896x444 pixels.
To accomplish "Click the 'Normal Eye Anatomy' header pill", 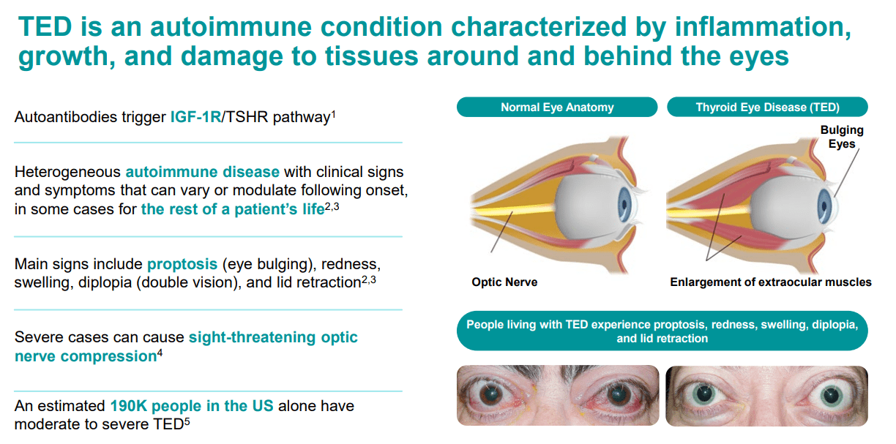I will (x=557, y=107).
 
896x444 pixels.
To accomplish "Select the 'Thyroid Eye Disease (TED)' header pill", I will (x=767, y=107).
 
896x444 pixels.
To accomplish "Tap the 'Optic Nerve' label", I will (x=504, y=282).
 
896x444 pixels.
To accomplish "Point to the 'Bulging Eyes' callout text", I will (x=842, y=137).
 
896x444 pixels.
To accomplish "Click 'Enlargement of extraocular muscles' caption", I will (x=771, y=282).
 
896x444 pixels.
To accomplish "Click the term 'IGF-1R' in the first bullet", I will (x=195, y=116).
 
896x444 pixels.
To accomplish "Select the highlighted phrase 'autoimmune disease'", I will (x=202, y=172).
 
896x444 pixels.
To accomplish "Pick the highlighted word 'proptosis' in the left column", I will (x=183, y=263).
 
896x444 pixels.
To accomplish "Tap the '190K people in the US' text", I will (x=192, y=405).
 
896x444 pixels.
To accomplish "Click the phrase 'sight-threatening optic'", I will (x=273, y=337).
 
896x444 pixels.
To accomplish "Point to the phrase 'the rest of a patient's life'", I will (x=232, y=209).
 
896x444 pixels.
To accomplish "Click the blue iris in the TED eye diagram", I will (x=834, y=200).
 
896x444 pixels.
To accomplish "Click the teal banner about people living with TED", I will (x=662, y=331).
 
